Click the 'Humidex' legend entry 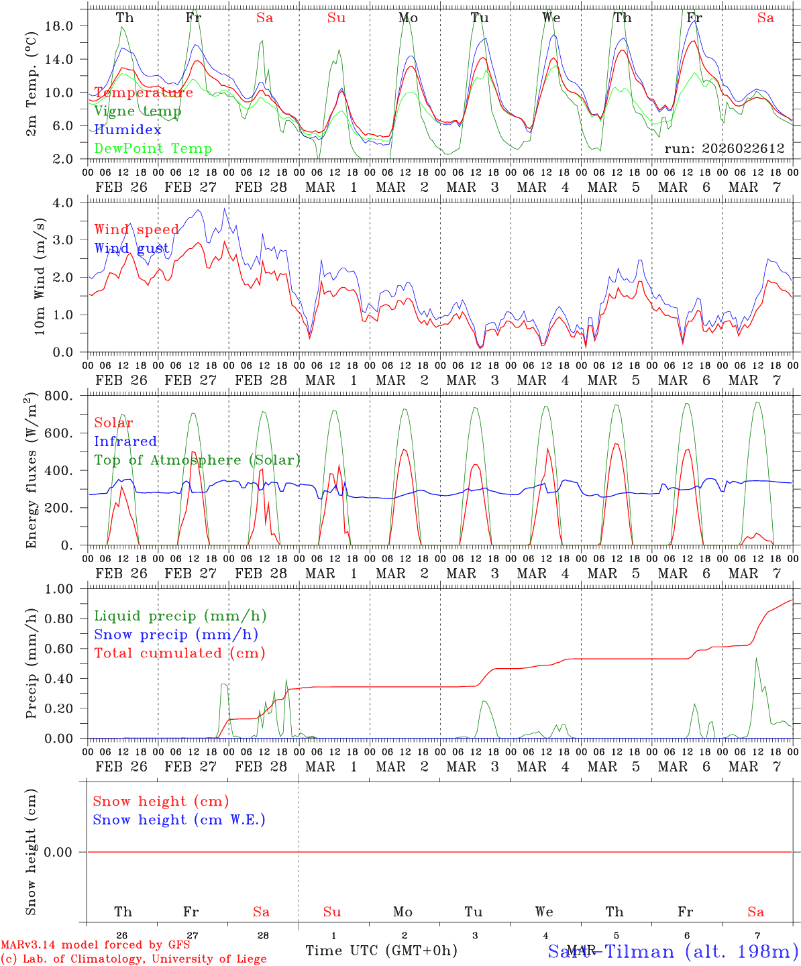(x=127, y=129)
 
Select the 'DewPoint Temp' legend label (x=153, y=148)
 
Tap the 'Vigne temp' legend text (x=138, y=111)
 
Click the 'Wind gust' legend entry (x=131, y=248)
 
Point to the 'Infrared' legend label (x=125, y=441)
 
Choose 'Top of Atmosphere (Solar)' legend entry (x=197, y=460)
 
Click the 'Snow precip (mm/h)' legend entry (x=176, y=635)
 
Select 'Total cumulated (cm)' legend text (x=179, y=653)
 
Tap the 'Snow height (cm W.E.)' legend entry (x=178, y=820)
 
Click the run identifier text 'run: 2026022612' (x=725, y=148)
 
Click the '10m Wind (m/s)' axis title (x=40, y=276)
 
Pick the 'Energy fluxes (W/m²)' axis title (x=31, y=472)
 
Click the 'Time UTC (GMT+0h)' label (x=381, y=951)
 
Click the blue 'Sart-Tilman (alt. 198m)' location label (x=673, y=951)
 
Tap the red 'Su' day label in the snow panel (x=332, y=912)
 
